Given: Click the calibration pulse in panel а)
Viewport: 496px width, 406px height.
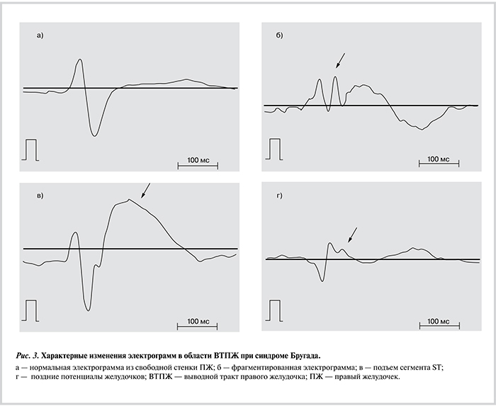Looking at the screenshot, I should [30, 150].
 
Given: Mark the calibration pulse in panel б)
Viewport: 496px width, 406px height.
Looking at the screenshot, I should [274, 149].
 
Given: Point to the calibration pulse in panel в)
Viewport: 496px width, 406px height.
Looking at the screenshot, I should [30, 310].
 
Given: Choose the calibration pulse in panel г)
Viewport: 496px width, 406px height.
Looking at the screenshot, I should [274, 310].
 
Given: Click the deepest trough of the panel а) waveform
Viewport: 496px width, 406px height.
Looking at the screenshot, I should [94, 135].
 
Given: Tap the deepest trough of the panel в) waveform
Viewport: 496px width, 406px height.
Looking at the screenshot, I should [88, 310].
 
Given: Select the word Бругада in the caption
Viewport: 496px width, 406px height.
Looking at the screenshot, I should [301, 353].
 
